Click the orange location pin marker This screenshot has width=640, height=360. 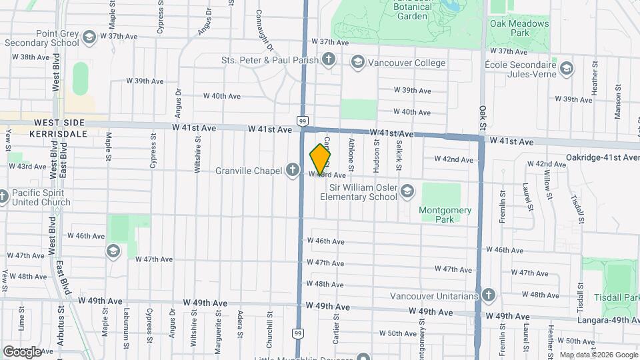320,159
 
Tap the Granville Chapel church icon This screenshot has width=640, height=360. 292,170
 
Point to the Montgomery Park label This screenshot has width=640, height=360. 445,215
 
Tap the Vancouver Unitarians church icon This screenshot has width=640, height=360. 488,295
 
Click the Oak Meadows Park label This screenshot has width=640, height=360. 519,28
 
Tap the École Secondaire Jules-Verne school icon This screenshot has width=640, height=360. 567,68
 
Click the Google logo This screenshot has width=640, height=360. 22,351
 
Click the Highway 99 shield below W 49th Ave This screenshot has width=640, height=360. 298,333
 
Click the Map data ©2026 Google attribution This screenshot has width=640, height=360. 598,355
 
